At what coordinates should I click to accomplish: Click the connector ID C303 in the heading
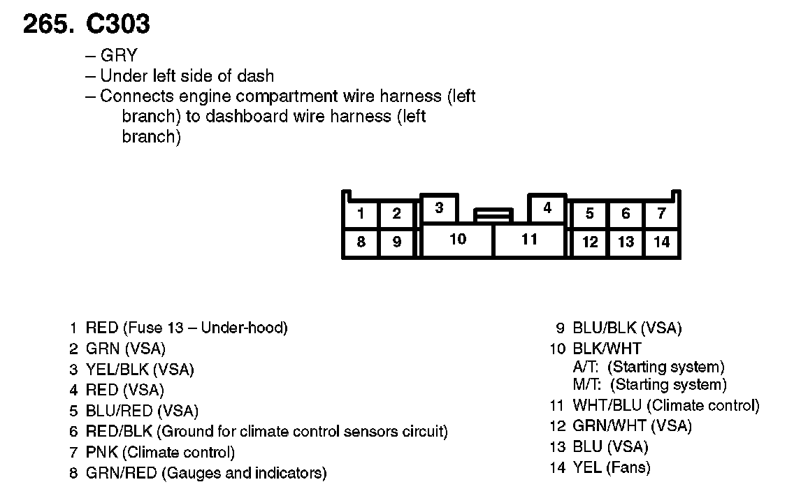[x=117, y=24]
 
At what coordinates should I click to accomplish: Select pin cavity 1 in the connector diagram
[x=360, y=214]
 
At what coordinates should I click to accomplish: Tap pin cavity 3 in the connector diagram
[x=439, y=208]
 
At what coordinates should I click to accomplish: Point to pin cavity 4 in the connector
[x=547, y=208]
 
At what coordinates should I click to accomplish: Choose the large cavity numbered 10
[x=458, y=240]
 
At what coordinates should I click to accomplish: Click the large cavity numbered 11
[x=529, y=240]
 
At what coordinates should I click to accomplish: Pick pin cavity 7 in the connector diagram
[x=661, y=214]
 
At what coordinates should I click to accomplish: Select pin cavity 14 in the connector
[x=661, y=242]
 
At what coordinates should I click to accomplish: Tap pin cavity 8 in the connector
[x=360, y=242]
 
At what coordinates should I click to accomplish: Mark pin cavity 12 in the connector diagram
[x=590, y=242]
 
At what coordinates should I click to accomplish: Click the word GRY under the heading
[x=119, y=56]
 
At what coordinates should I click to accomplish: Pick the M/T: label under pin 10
[x=588, y=385]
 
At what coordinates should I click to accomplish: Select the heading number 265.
[x=48, y=24]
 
